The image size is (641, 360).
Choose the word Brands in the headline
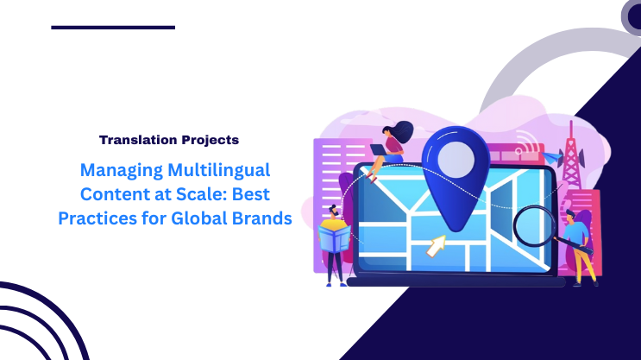tap(261, 218)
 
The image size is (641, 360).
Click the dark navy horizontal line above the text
tap(112, 28)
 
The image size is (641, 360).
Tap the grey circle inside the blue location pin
tap(455, 158)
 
